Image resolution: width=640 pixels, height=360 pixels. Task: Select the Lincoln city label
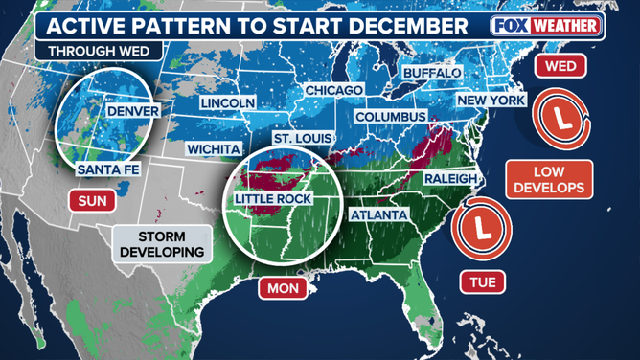click(227, 102)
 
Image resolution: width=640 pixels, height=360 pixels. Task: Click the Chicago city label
click(333, 90)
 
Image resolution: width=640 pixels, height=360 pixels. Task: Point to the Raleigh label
click(447, 178)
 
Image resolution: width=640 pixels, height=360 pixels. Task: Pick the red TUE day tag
click(482, 282)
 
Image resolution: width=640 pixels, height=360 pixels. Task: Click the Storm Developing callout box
click(160, 243)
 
